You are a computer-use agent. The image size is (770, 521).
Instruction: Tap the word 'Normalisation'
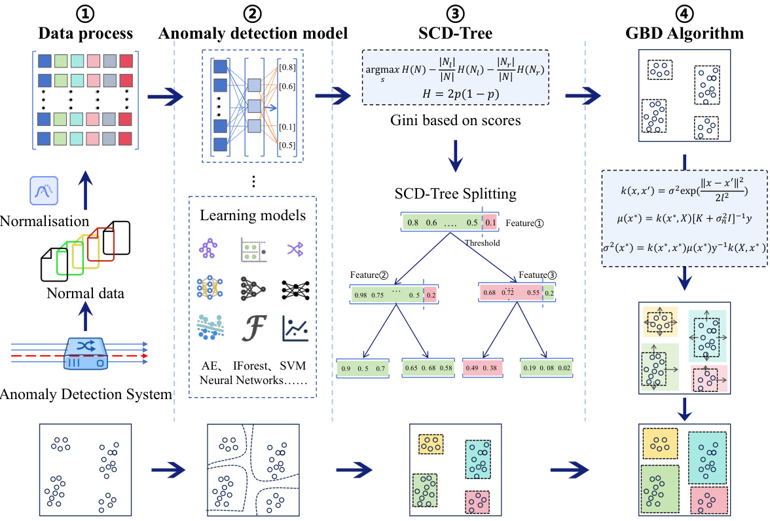pyautogui.click(x=44, y=222)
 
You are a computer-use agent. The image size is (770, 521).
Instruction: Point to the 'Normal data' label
pyautogui.click(x=85, y=293)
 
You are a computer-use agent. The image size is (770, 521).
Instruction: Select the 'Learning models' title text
pyautogui.click(x=253, y=215)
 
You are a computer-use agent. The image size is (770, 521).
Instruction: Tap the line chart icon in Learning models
pyautogui.click(x=295, y=328)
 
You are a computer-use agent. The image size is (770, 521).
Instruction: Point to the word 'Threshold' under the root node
pyautogui.click(x=482, y=242)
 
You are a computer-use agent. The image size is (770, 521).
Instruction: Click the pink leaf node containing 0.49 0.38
pyautogui.click(x=483, y=368)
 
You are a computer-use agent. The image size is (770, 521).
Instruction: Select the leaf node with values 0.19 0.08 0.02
pyautogui.click(x=546, y=368)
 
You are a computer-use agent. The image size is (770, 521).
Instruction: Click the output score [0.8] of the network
pyautogui.click(x=286, y=67)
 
